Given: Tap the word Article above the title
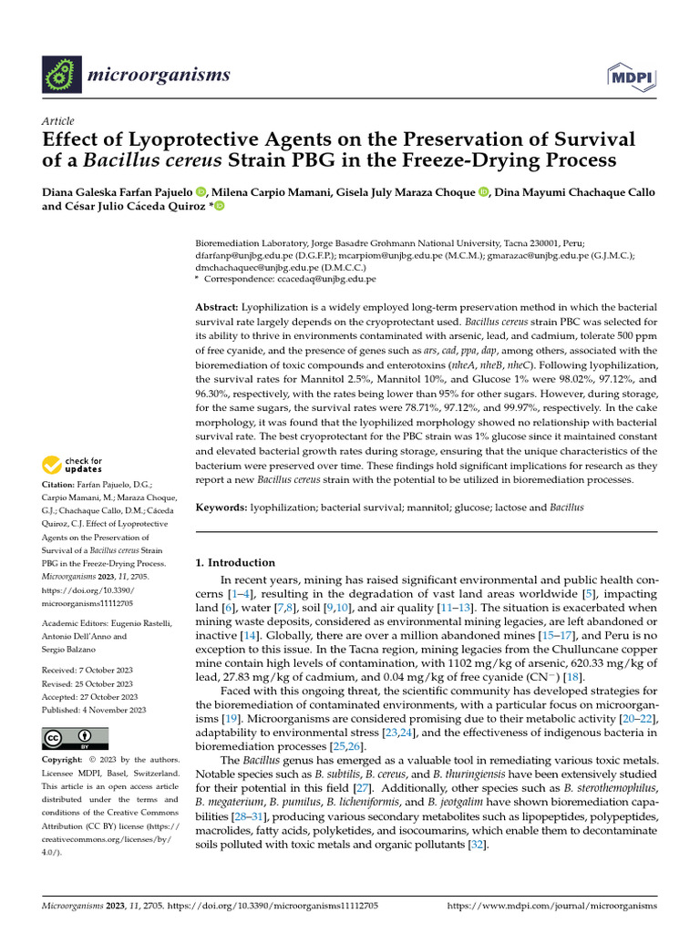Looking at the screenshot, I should [x=58, y=121].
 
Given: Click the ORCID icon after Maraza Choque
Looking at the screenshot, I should [x=483, y=191].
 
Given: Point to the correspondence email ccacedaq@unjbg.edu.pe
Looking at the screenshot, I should [x=336, y=279].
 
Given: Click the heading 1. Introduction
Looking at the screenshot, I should [x=236, y=562].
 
